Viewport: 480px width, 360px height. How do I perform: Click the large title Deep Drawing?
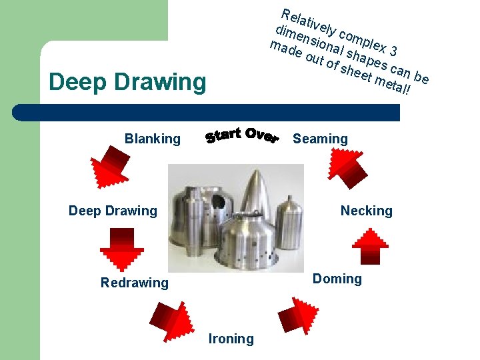[x=128, y=83]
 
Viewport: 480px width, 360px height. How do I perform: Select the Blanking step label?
[x=152, y=139]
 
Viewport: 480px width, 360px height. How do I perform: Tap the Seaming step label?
[x=320, y=139]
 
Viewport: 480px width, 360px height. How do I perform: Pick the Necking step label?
[x=366, y=211]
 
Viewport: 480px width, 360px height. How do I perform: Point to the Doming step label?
[x=337, y=279]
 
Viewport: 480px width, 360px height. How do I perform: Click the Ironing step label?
[x=231, y=339]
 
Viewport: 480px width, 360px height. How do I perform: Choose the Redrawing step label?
[x=134, y=283]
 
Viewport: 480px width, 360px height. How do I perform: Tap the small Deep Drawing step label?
[x=113, y=211]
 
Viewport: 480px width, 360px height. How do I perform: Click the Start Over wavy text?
[x=241, y=135]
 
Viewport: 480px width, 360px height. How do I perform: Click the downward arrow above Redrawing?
[x=121, y=248]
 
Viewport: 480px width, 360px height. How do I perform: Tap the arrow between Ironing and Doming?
[x=293, y=319]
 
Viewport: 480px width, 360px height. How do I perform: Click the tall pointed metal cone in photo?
[x=257, y=200]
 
